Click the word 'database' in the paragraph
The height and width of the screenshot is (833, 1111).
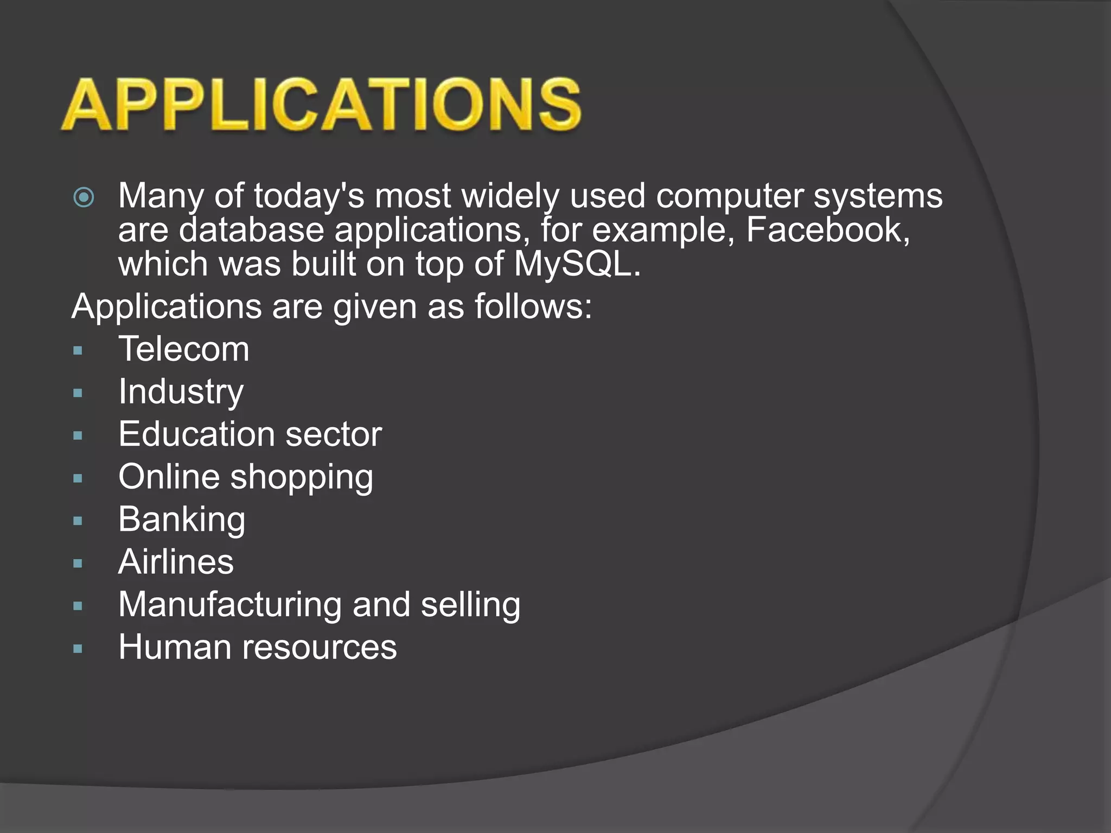pyautogui.click(x=251, y=230)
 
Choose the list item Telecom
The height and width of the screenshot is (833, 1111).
pyautogui.click(x=184, y=349)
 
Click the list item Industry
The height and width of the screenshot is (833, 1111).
pyautogui.click(x=181, y=392)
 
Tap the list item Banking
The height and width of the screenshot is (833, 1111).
pyautogui.click(x=182, y=520)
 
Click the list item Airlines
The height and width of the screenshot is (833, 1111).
pyautogui.click(x=176, y=562)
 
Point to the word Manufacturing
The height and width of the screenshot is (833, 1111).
pyautogui.click(x=230, y=605)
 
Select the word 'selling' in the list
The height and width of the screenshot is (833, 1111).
pyautogui.click(x=470, y=605)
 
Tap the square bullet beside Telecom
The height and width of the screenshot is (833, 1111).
pyautogui.click(x=78, y=351)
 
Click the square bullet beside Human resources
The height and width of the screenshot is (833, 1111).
pyautogui.click(x=78, y=649)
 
